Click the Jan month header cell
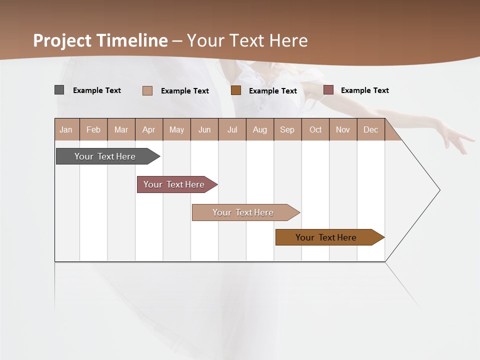[66, 129]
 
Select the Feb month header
[93, 129]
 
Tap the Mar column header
[121, 129]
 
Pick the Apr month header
[148, 129]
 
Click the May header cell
[176, 129]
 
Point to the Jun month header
[204, 129]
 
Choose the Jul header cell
[232, 129]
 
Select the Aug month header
[259, 129]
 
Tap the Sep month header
[287, 129]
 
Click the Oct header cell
[315, 129]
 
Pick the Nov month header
[343, 129]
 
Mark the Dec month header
[370, 129]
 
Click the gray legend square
[59, 90]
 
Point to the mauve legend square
[328, 90]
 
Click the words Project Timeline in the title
[100, 40]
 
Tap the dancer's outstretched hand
[457, 137]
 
